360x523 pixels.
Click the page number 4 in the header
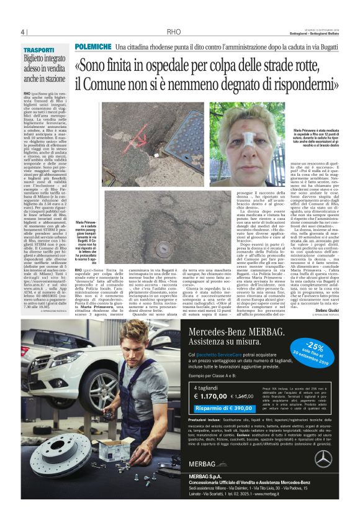22,32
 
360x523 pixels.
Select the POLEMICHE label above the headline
92,47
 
